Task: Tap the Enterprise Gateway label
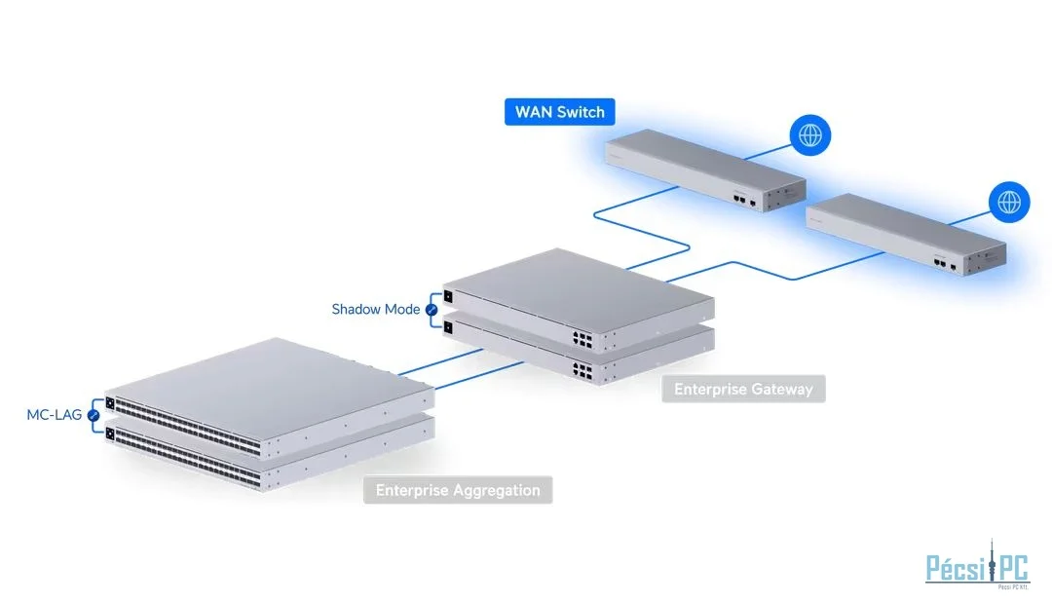(743, 390)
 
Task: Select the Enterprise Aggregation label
(458, 490)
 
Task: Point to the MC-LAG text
(54, 415)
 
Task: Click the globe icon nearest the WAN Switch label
(809, 135)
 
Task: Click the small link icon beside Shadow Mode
(432, 310)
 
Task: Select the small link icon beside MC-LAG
(94, 415)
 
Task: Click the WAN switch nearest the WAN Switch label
(704, 172)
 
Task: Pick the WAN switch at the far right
(906, 235)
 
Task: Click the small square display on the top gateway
(448, 296)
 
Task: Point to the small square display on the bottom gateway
(448, 327)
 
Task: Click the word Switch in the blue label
(581, 111)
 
